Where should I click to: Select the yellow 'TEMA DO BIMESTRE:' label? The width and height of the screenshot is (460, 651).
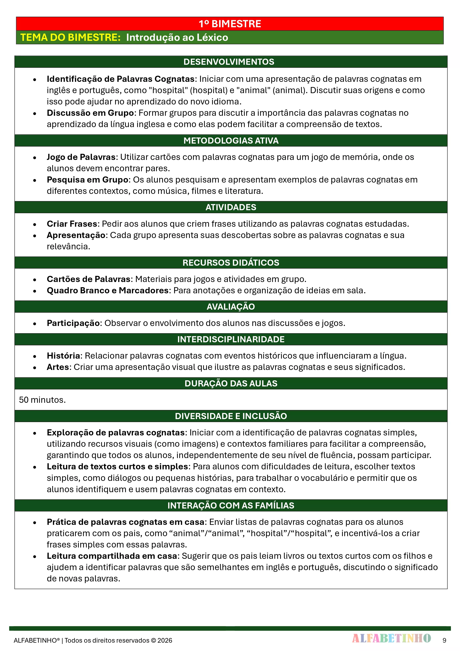71,37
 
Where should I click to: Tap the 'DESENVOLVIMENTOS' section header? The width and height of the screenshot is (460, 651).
229,62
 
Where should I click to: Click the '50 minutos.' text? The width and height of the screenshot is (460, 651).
42,400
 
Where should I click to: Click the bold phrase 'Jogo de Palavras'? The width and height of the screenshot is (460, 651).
81,157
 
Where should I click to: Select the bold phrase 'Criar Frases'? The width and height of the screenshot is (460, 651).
72,224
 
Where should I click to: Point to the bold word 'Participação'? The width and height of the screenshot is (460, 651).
73,323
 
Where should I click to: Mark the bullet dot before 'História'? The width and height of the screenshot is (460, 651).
34,356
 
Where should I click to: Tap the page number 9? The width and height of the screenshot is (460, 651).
444,640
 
